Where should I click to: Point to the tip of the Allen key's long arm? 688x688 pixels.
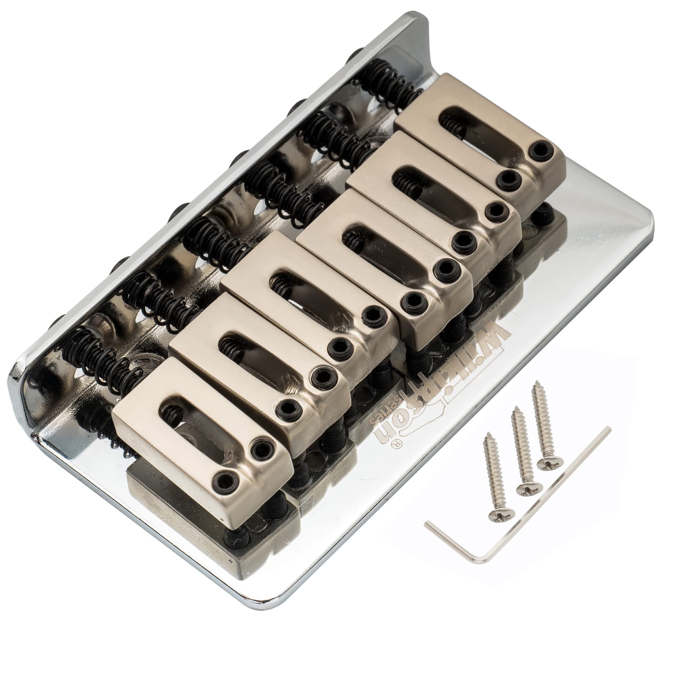coord(610,429)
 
